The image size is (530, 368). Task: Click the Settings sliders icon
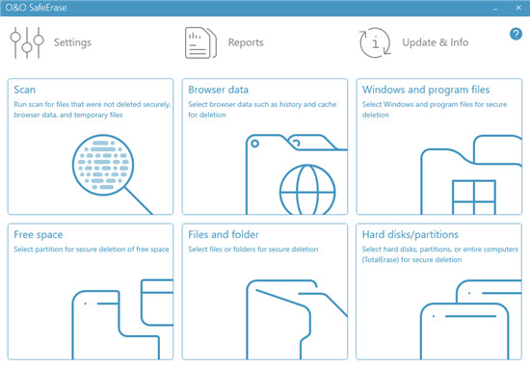click(x=27, y=42)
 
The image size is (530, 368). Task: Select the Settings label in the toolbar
click(x=72, y=42)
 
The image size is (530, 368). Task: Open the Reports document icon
click(x=200, y=43)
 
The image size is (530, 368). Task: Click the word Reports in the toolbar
click(x=246, y=42)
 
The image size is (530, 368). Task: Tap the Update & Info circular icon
click(x=375, y=42)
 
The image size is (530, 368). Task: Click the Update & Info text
click(x=436, y=42)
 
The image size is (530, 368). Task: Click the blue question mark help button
click(x=516, y=34)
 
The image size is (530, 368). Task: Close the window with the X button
click(x=518, y=8)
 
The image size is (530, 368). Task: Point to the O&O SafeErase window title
click(x=36, y=8)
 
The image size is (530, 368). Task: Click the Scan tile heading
click(x=25, y=90)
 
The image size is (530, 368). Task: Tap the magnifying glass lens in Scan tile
click(x=103, y=166)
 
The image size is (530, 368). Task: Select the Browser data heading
click(x=219, y=90)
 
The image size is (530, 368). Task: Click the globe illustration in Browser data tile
click(x=307, y=190)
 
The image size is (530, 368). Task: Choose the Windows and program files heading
click(x=426, y=90)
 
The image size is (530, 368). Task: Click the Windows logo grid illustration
click(x=474, y=197)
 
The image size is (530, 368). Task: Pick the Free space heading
click(x=39, y=235)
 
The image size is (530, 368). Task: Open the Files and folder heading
click(x=224, y=234)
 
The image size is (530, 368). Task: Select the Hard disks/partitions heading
click(x=411, y=234)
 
